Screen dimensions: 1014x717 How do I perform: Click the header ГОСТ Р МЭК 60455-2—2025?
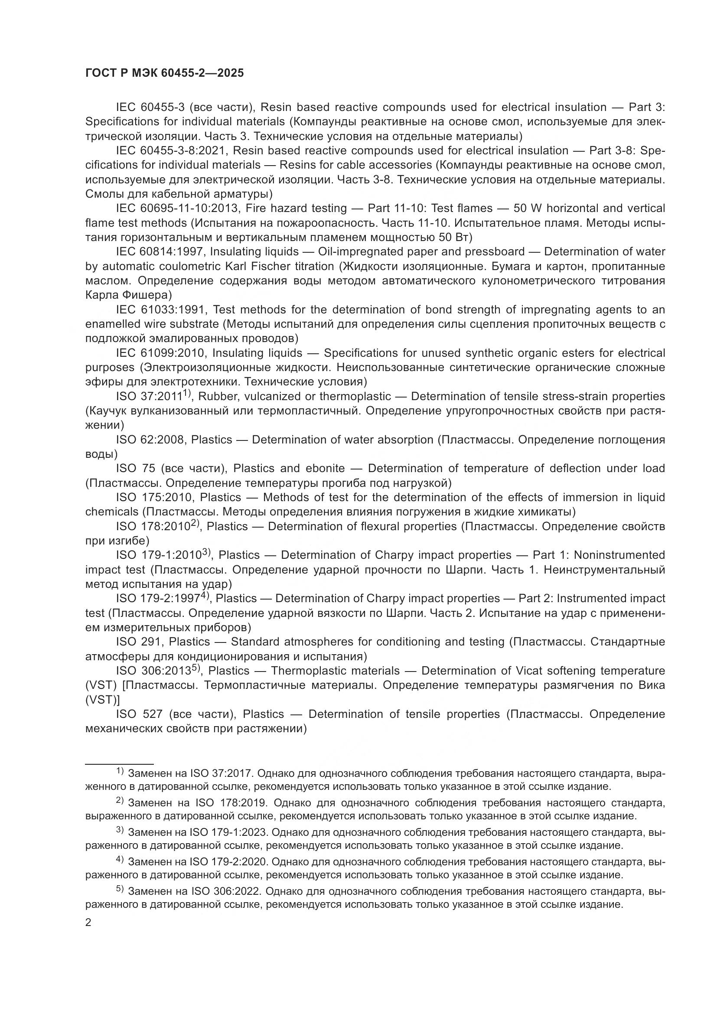pos(164,73)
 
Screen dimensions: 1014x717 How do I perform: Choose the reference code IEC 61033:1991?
pos(161,310)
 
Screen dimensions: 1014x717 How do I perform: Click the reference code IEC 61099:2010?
pos(161,353)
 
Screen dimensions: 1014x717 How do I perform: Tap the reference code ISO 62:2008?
pos(150,440)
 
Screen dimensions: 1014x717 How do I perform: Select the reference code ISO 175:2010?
pos(154,497)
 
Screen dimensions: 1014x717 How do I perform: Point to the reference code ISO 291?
pos(139,642)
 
